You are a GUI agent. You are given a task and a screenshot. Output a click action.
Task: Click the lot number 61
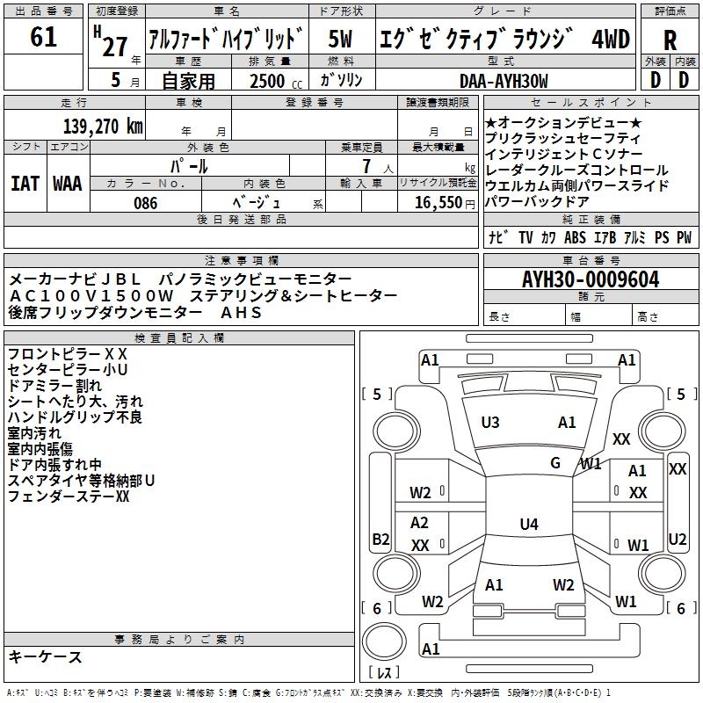[43, 38]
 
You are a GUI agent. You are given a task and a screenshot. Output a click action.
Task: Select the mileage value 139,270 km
[104, 126]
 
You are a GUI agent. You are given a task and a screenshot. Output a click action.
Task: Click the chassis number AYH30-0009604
[591, 280]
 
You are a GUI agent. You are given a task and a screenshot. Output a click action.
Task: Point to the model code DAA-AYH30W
[504, 81]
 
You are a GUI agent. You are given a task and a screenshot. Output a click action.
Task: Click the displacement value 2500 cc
[267, 82]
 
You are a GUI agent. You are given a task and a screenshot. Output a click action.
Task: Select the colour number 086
[145, 203]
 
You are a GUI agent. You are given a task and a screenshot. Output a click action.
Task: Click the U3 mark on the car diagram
[490, 423]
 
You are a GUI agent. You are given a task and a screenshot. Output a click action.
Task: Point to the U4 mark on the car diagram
[528, 525]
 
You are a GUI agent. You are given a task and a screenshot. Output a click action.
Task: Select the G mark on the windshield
[555, 463]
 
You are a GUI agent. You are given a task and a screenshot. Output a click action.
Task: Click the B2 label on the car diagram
[380, 539]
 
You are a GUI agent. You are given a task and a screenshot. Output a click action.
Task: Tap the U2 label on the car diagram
[677, 539]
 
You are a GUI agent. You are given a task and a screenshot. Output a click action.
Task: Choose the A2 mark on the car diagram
[420, 523]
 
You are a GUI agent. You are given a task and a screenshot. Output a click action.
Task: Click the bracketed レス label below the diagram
[384, 674]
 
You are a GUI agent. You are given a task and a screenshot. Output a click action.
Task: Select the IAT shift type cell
[25, 184]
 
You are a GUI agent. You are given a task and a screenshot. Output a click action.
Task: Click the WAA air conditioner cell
[68, 184]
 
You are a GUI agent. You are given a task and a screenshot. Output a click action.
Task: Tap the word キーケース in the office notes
[46, 657]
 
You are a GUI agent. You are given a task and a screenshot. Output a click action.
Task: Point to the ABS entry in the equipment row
[576, 237]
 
